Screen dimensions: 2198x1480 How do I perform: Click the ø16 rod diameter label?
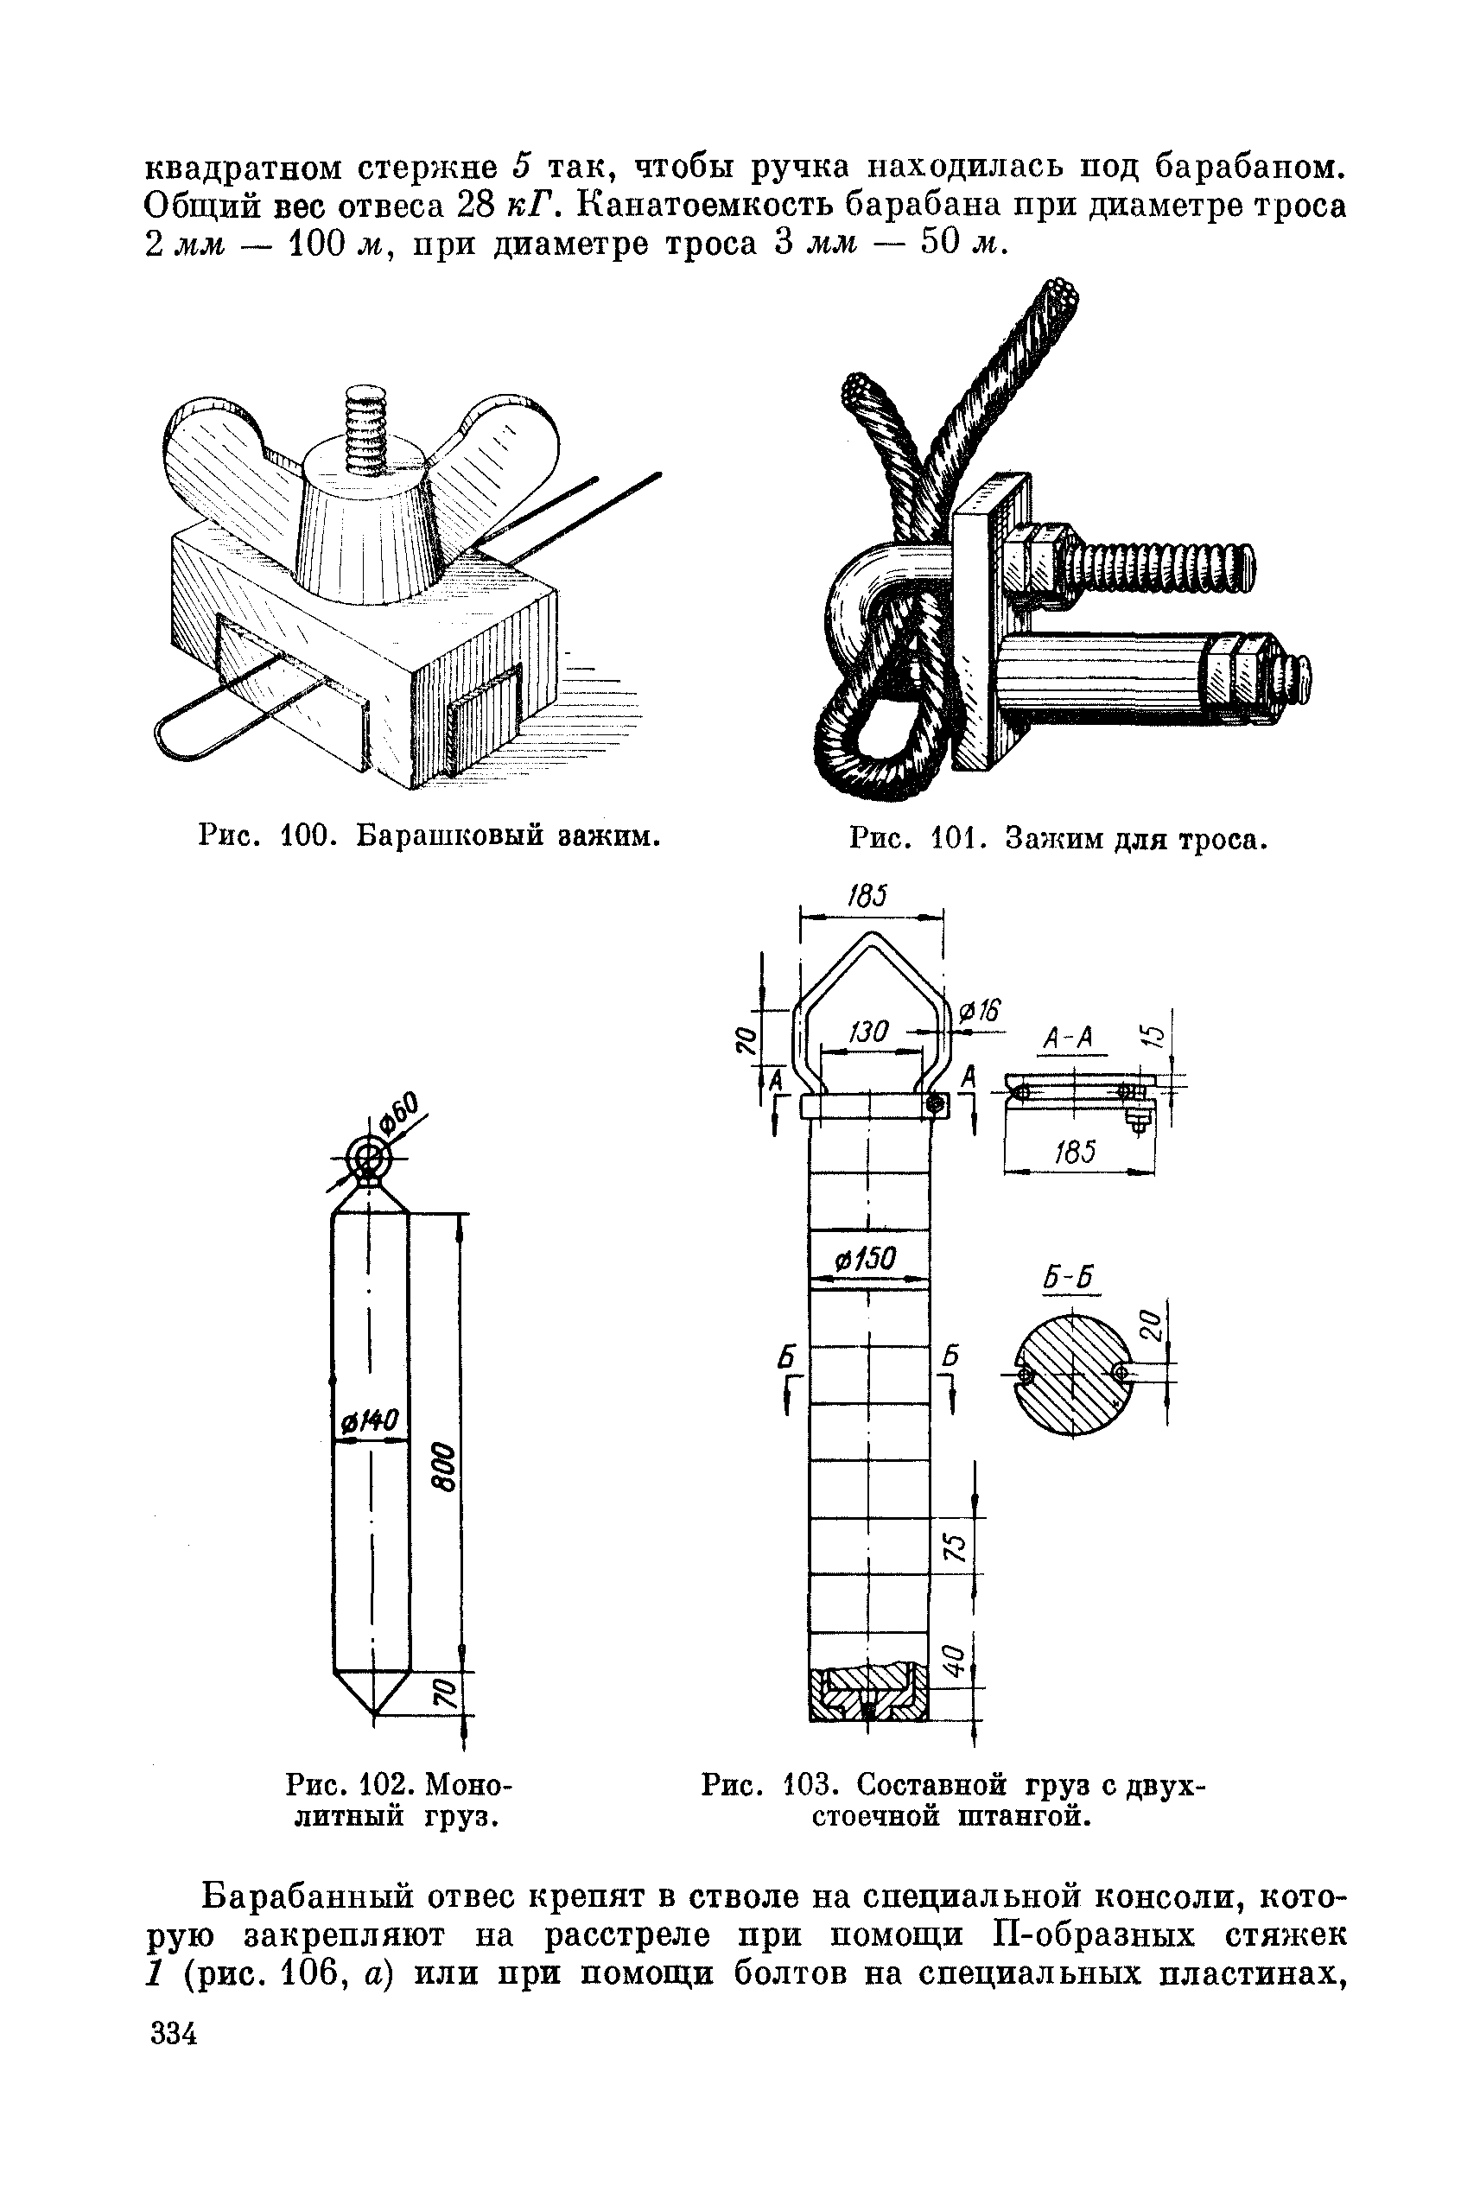(979, 1012)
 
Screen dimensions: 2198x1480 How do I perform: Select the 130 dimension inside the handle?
(867, 1032)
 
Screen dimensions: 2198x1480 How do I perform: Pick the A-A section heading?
(1068, 1039)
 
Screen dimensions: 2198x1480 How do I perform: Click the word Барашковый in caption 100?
(443, 835)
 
